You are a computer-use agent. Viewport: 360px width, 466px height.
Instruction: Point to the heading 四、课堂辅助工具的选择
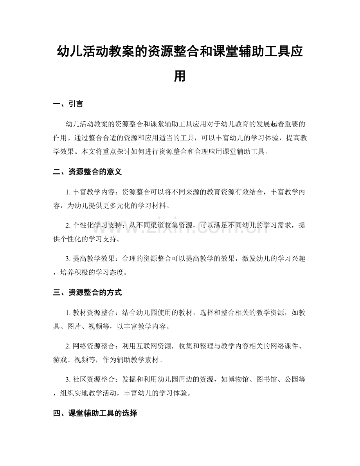pos(95,413)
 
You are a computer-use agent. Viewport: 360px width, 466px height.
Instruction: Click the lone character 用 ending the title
pos(180,76)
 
